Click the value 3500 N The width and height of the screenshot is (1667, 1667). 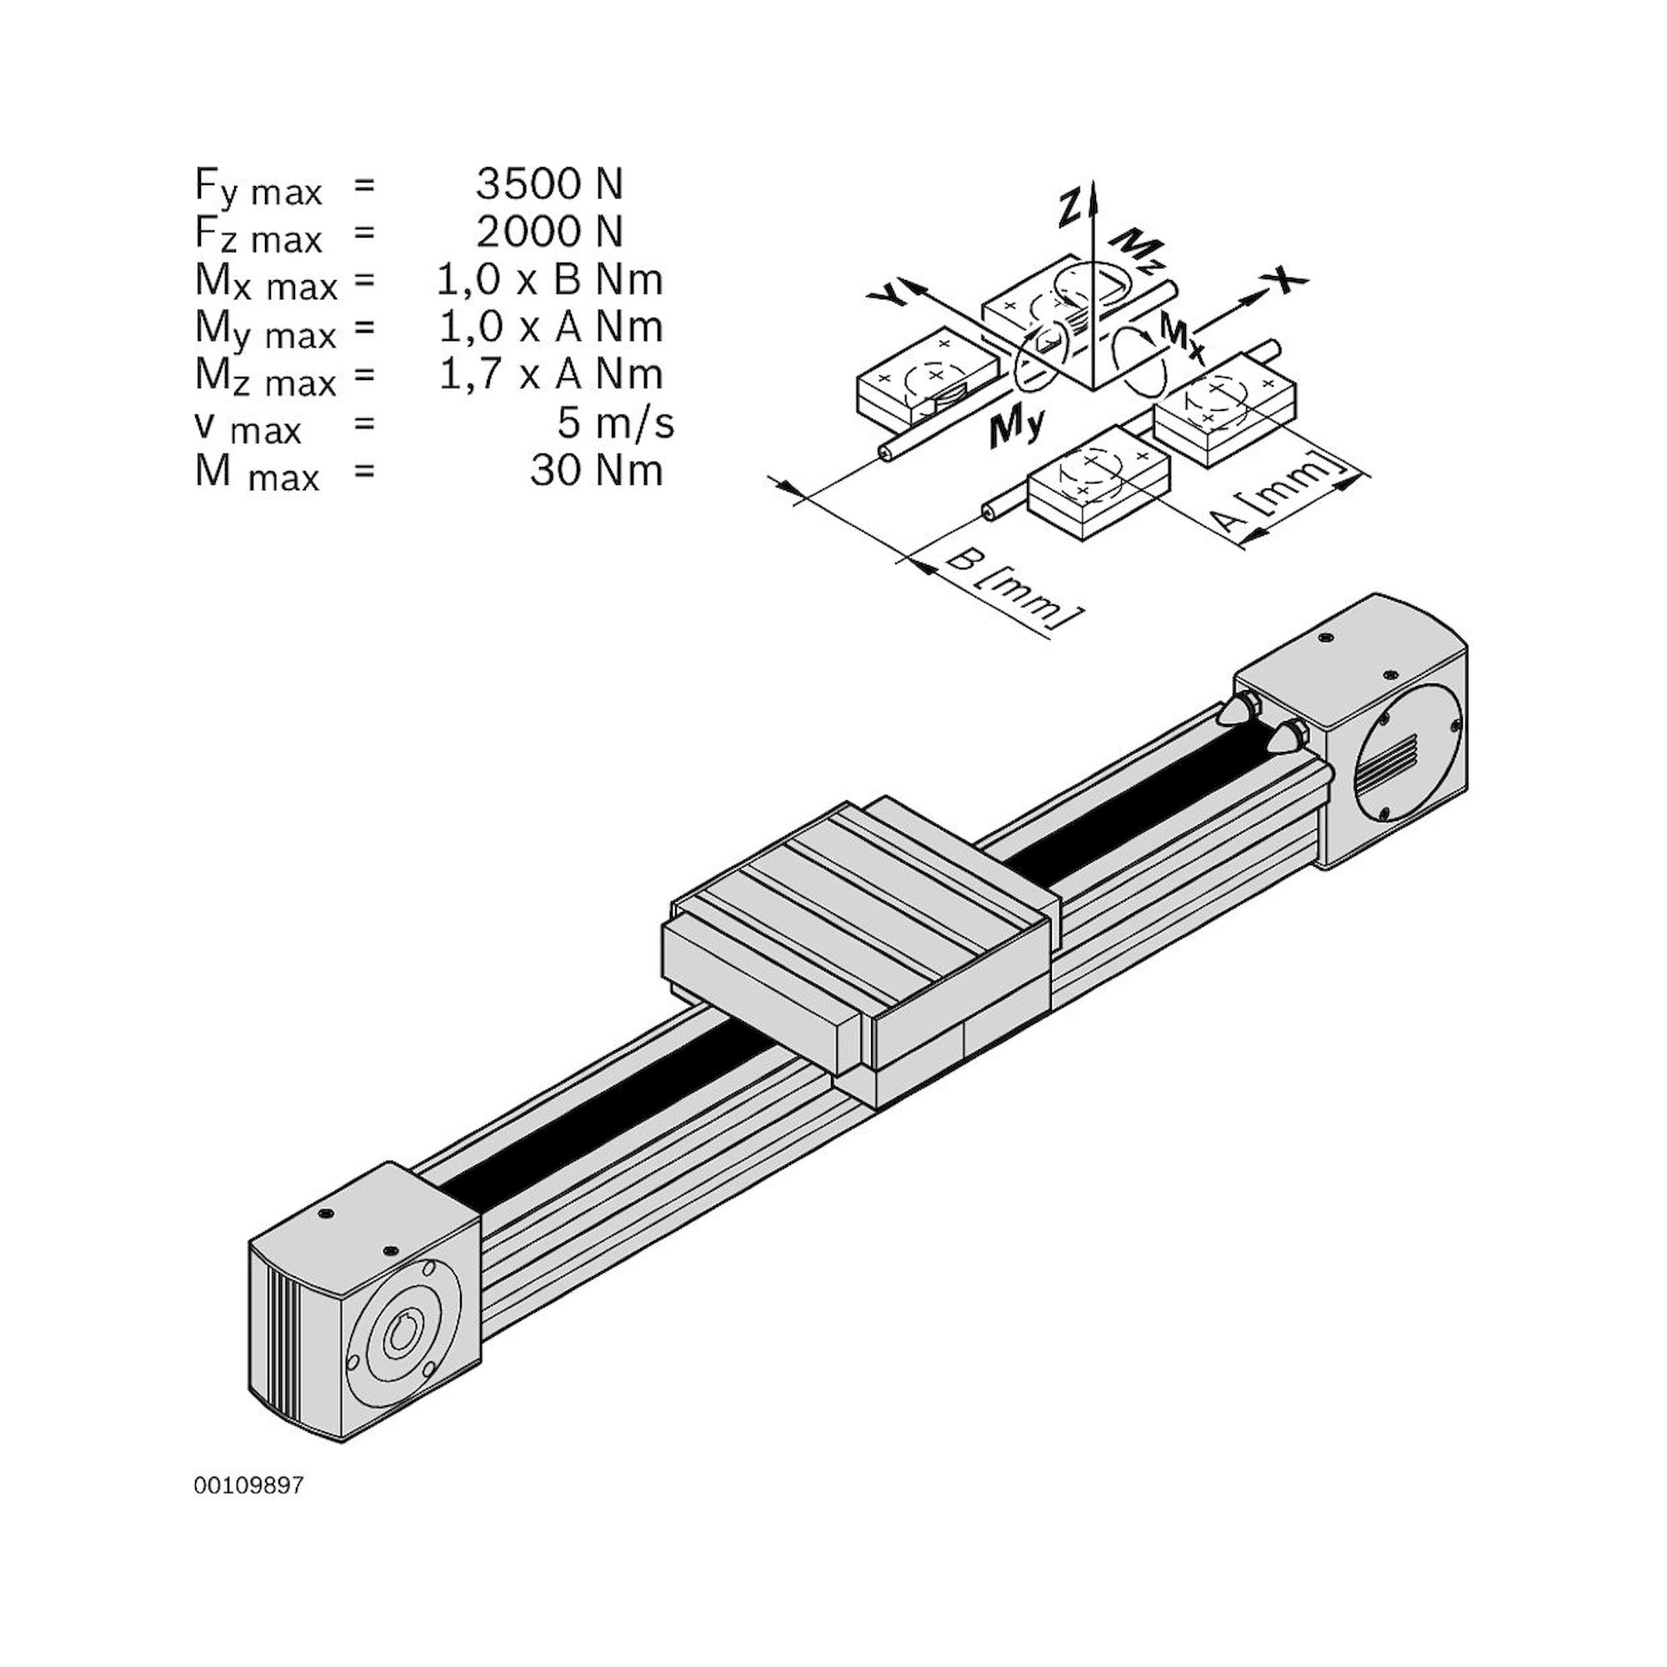pos(548,183)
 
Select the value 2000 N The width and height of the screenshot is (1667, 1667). pos(548,231)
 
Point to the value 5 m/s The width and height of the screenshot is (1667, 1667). pos(615,423)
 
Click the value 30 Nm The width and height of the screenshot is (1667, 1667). pos(596,471)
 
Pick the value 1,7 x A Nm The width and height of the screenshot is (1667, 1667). pos(550,374)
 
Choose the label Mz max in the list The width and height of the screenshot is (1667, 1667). pos(265,378)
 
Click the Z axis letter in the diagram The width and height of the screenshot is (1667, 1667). pos(1071,208)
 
